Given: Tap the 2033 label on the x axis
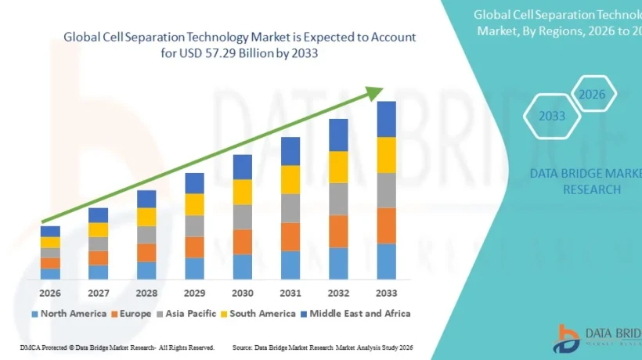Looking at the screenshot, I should pyautogui.click(x=387, y=293).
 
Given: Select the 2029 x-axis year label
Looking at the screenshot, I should pyautogui.click(x=194, y=293).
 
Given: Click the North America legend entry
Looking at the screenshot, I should pyautogui.click(x=68, y=314).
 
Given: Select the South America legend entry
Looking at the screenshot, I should pyautogui.click(x=258, y=314).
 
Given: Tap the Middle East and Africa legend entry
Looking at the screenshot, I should pyautogui.click(x=356, y=314).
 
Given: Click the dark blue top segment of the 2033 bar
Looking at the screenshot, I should pyautogui.click(x=387, y=119).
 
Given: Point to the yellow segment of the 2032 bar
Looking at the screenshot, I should pyautogui.click(x=338, y=167).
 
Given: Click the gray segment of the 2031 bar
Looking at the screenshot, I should pyautogui.click(x=290, y=208).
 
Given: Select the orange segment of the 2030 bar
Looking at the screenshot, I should pyautogui.click(x=242, y=242).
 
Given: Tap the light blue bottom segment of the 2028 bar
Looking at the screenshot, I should pyautogui.click(x=146, y=271).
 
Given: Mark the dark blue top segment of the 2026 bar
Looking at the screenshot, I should pyautogui.click(x=51, y=231).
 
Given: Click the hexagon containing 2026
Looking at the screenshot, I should pyautogui.click(x=592, y=95).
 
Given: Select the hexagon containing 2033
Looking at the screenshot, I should pyautogui.click(x=552, y=117).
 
